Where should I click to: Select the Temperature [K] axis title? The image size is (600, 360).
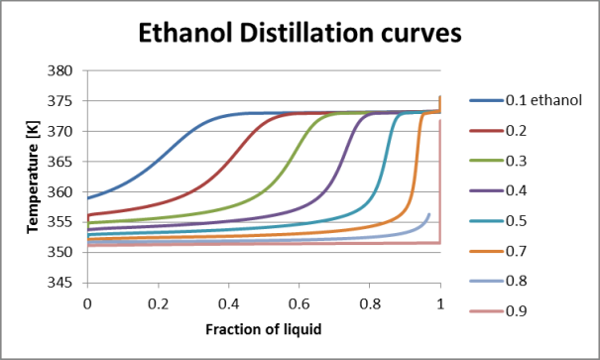[x=35, y=177]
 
